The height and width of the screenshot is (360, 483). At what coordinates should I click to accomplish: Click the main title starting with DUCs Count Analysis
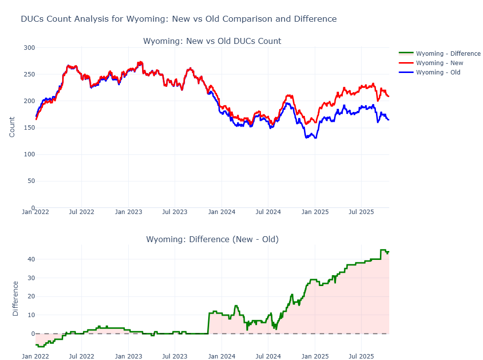[x=179, y=19]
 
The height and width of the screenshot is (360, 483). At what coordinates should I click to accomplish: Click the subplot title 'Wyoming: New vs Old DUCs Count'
[x=212, y=41]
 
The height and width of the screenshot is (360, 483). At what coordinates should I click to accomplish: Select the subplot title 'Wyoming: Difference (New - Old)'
[x=212, y=239]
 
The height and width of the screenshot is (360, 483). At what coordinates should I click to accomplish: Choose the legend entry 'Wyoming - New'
[x=440, y=63]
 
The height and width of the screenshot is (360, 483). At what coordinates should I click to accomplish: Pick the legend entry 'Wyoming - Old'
[x=438, y=72]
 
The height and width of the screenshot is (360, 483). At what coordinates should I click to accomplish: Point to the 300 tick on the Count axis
[x=29, y=48]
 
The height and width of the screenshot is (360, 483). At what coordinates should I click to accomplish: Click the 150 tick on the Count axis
[x=29, y=128]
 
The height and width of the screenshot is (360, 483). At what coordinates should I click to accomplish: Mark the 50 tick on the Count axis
[x=31, y=181]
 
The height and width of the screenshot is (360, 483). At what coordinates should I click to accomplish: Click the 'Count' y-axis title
[x=12, y=127]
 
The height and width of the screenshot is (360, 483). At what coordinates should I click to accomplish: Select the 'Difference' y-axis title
[x=15, y=298]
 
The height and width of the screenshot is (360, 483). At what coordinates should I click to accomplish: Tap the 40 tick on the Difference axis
[x=31, y=259]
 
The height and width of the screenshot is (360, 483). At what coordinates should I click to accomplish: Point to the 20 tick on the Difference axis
[x=31, y=296]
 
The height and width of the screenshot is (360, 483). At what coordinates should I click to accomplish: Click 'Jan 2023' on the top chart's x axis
[x=128, y=212]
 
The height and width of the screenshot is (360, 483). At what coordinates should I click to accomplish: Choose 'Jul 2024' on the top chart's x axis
[x=268, y=212]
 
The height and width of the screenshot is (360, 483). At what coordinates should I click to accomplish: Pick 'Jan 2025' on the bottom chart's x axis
[x=315, y=355]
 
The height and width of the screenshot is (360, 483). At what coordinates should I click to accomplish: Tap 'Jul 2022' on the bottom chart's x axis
[x=81, y=355]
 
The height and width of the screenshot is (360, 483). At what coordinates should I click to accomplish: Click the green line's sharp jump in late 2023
[x=209, y=323]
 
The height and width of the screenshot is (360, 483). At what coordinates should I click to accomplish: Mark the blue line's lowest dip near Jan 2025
[x=315, y=138]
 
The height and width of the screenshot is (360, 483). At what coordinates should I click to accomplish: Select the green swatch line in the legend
[x=406, y=53]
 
